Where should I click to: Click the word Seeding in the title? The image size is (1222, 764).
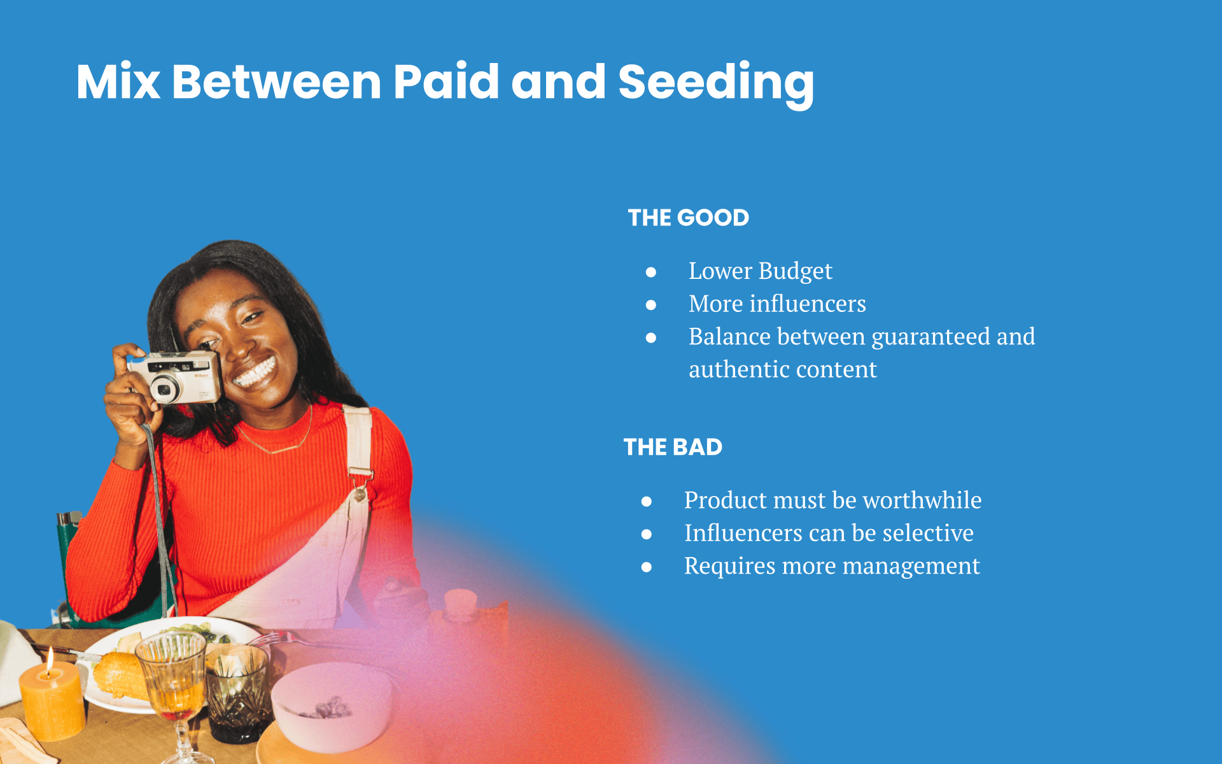pyautogui.click(x=715, y=83)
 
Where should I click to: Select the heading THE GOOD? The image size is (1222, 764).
pyautogui.click(x=689, y=218)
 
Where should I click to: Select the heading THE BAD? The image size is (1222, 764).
pyautogui.click(x=673, y=447)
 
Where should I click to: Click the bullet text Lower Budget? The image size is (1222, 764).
pyautogui.click(x=760, y=271)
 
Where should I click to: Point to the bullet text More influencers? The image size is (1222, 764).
pyautogui.click(x=777, y=304)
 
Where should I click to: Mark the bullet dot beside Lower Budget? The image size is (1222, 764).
pyautogui.click(x=651, y=272)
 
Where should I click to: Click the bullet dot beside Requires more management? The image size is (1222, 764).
pyautogui.click(x=647, y=567)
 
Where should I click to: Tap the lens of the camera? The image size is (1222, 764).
pyautogui.click(x=165, y=388)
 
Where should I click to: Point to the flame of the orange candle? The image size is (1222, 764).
pyautogui.click(x=49, y=660)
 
